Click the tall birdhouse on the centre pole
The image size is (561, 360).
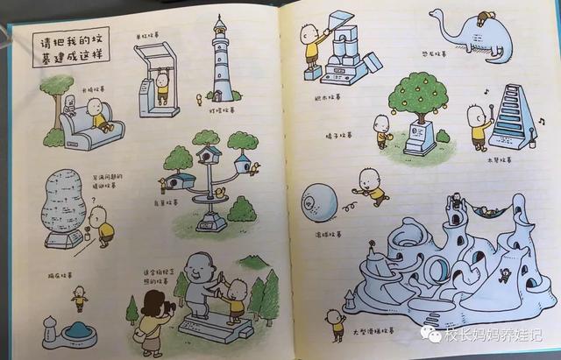[x=209, y=156]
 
